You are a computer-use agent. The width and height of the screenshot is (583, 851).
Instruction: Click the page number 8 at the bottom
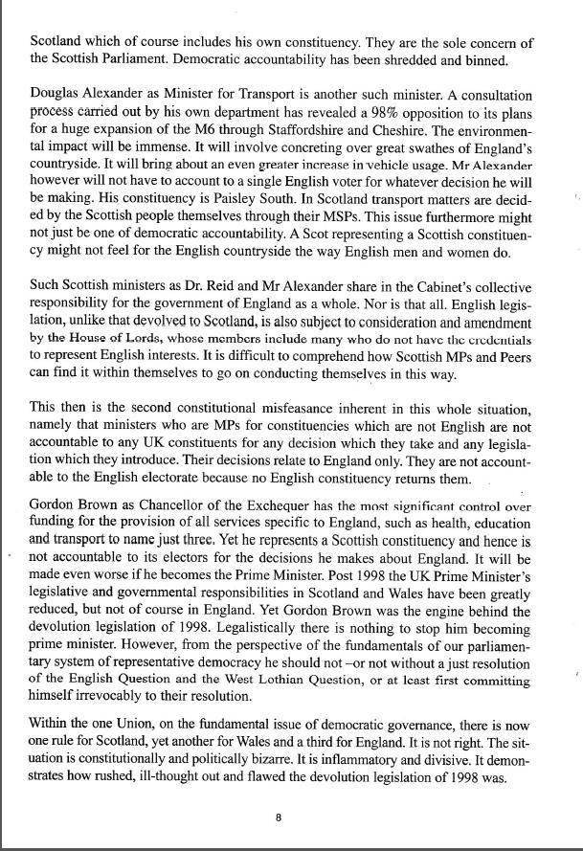[277, 817]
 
